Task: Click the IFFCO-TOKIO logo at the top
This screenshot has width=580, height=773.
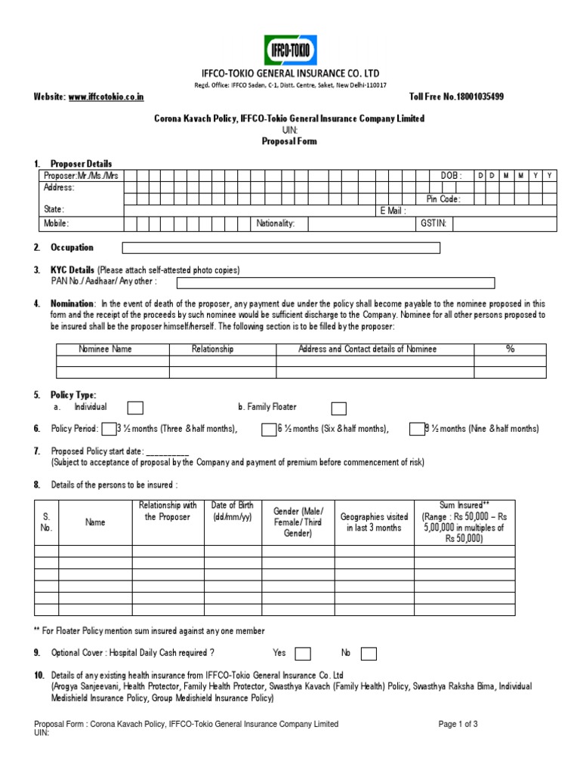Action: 290,50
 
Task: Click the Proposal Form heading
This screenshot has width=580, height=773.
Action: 289,141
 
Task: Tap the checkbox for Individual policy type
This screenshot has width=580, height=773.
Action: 135,408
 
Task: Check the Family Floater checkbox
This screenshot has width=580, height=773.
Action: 339,408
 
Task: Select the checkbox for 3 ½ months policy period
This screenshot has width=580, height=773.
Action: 109,429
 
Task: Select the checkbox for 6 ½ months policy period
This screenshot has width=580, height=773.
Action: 269,429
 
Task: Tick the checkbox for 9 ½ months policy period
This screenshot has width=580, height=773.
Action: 417,429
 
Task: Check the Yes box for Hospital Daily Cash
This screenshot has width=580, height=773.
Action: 302,653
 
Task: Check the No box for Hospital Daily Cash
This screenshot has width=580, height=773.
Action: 369,653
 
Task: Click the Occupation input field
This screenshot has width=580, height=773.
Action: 281,248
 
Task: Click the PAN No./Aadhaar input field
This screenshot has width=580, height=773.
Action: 335,282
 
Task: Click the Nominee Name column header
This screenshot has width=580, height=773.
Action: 106,349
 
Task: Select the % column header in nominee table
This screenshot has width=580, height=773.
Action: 510,349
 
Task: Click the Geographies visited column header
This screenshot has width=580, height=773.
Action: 375,522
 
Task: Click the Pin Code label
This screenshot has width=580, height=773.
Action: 443,199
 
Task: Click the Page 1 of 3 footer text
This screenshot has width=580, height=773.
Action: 458,724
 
